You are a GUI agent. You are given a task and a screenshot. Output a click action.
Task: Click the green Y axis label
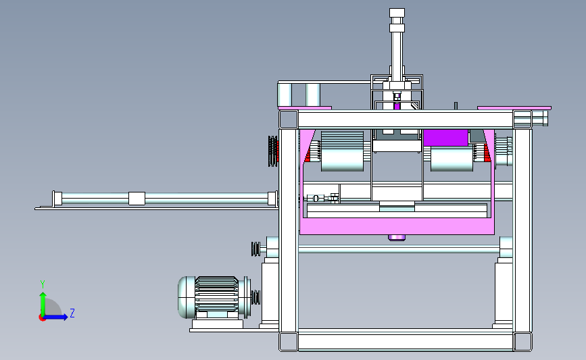[43, 284]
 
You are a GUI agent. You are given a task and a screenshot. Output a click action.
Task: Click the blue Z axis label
[72, 313]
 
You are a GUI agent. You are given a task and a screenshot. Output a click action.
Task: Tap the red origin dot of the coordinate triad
[42, 317]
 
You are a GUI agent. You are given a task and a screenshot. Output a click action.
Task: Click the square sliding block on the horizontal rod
[137, 199]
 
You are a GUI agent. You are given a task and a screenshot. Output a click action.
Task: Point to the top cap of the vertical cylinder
[397, 13]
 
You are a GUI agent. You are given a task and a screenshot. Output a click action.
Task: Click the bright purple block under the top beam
[445, 137]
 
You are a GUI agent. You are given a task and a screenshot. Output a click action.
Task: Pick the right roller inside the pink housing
[451, 159]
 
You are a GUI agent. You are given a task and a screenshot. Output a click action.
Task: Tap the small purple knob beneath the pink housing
[397, 238]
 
